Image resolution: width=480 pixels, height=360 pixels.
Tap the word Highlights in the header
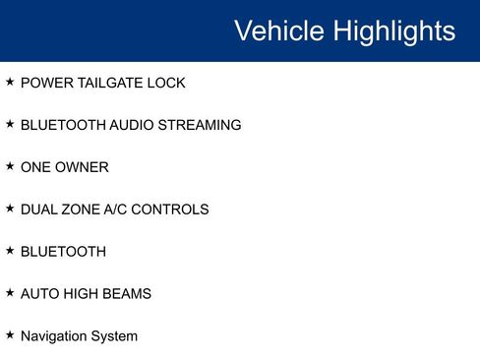tap(393, 30)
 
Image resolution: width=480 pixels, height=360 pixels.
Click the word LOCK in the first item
tap(166, 84)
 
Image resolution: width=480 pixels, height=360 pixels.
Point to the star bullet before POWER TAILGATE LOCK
tap(10, 83)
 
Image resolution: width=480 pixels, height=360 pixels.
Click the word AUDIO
tap(131, 126)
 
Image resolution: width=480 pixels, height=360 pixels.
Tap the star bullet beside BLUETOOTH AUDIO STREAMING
tap(10, 125)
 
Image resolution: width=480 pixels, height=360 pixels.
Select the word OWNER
tap(83, 167)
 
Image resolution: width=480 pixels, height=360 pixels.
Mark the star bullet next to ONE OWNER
tap(10, 166)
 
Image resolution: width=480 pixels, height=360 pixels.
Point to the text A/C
tap(120, 210)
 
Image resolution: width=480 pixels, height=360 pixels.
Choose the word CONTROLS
tap(174, 210)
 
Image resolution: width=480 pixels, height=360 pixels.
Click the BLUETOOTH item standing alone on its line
tap(63, 252)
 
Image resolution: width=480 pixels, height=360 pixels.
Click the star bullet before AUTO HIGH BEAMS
tap(10, 293)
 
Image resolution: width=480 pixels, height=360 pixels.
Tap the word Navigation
tap(53, 336)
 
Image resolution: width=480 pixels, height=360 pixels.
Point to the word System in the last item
tap(114, 336)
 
